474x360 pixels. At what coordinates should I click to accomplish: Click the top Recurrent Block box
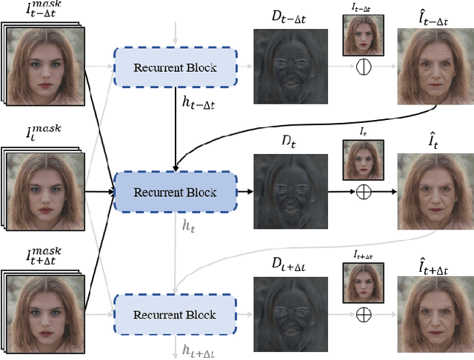174,68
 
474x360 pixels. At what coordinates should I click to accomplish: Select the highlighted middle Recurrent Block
174,193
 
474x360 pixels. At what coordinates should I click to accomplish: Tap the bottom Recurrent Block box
174,316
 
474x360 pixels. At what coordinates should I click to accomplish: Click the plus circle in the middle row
363,193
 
